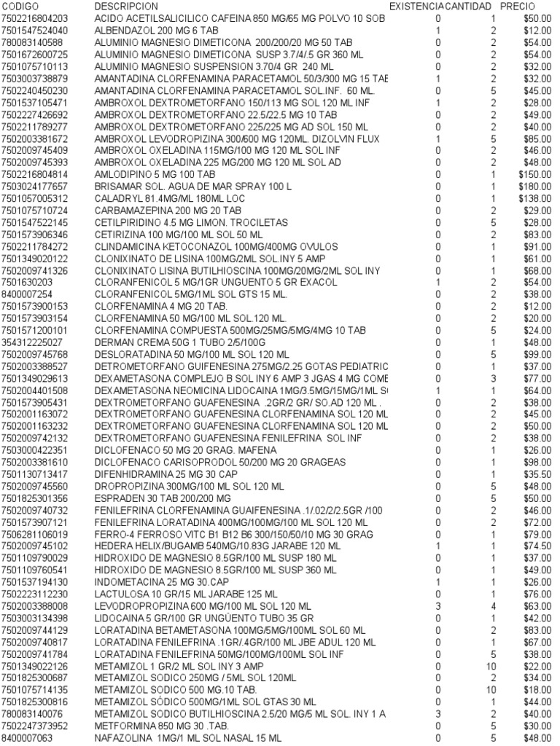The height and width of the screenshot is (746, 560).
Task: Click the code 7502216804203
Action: [x=34, y=17]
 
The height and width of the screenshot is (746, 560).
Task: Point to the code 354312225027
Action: [x=32, y=342]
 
